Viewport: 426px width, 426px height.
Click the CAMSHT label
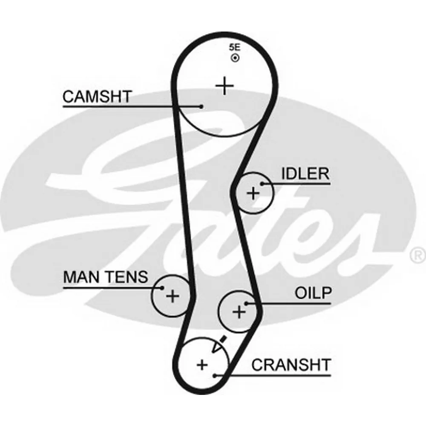coord(98,97)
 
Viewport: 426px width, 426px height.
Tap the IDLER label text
coord(305,174)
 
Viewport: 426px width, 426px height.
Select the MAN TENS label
coord(106,277)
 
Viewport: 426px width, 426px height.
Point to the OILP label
coord(313,293)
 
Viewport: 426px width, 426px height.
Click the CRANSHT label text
coord(291,365)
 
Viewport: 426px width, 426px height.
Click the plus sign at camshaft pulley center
coord(225,86)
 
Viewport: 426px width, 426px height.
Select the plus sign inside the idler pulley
coord(253,194)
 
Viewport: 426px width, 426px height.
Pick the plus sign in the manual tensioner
coord(173,295)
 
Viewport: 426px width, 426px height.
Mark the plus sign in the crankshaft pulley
coord(202,365)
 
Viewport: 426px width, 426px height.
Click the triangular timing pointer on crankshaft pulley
coord(217,347)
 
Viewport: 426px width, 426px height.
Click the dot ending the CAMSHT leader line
coord(201,106)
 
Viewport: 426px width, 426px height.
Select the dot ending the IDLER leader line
coord(263,184)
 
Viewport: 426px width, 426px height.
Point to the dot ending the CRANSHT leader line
coord(216,375)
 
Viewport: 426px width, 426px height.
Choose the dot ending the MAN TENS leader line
coord(162,288)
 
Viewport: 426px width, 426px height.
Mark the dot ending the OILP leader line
coord(247,303)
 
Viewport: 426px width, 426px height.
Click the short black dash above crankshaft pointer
coord(222,340)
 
